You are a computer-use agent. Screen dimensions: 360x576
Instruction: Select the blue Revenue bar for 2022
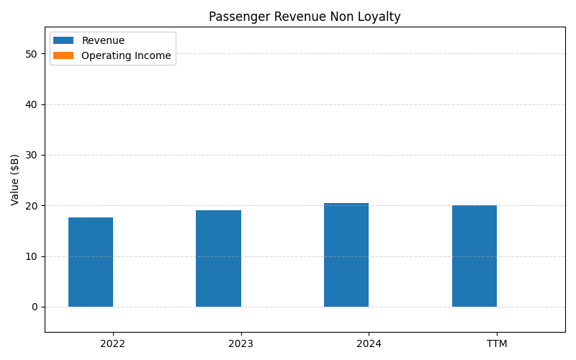point(91,262)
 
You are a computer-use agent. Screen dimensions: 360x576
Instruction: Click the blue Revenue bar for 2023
point(218,258)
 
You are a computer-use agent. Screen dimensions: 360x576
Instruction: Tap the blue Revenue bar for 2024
point(346,255)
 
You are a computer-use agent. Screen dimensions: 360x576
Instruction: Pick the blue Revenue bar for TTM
point(474,256)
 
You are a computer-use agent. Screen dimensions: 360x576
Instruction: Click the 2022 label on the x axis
point(112,344)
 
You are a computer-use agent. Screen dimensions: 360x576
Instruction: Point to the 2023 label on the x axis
point(240,344)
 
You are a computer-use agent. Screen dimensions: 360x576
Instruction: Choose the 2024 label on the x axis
point(369,344)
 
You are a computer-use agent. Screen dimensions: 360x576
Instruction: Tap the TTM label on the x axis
point(497,344)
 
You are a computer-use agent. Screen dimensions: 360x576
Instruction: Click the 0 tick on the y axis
point(35,307)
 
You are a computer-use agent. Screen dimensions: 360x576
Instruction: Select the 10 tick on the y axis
point(32,256)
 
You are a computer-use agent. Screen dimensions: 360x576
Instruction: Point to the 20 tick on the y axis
point(32,206)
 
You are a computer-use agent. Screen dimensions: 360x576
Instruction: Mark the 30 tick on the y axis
point(32,155)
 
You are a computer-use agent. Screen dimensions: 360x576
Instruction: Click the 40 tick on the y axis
point(32,104)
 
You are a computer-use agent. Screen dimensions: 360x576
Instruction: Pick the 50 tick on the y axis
point(32,54)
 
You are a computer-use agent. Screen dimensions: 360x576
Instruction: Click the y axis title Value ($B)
point(15,179)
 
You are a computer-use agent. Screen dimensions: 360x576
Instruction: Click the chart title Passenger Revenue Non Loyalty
point(305,17)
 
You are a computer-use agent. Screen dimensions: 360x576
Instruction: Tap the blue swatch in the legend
point(63,41)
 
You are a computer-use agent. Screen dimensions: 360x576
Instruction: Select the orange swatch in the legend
point(63,55)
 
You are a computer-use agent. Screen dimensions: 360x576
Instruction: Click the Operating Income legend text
point(126,55)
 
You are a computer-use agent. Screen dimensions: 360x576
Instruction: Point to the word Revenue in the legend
point(103,41)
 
